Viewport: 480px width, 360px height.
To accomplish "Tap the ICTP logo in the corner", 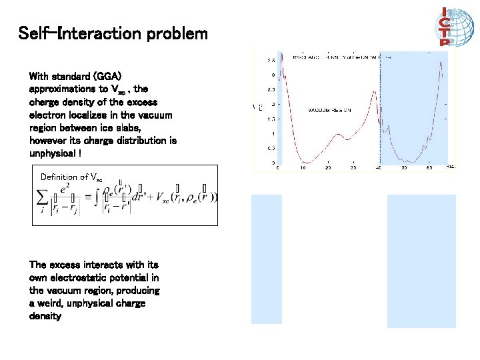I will pyautogui.click(x=445, y=27).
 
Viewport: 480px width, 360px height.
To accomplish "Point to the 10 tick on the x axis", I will pyautogui.click(x=303, y=168).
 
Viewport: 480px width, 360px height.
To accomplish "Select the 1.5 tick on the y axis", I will pyautogui.click(x=271, y=119).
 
